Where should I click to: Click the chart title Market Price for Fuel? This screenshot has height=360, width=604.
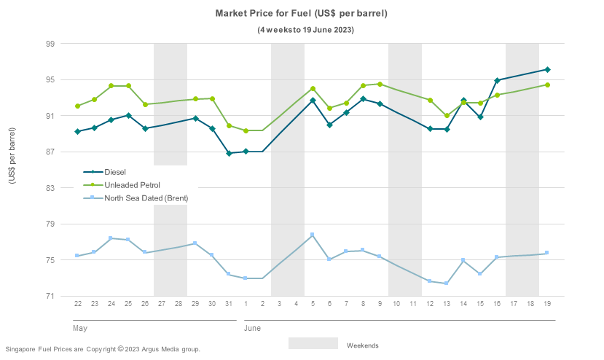[301, 14]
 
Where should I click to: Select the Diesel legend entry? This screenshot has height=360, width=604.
[115, 172]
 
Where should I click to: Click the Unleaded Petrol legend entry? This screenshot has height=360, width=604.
[132, 185]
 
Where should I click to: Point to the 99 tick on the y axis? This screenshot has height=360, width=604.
[50, 44]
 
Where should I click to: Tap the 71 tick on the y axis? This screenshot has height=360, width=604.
[50, 297]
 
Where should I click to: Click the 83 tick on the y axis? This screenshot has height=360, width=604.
[50, 188]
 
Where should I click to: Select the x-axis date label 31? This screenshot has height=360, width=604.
[229, 303]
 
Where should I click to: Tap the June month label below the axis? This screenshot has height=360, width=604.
[252, 329]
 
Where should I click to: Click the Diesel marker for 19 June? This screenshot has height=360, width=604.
[547, 70]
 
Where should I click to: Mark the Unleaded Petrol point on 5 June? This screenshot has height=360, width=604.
[313, 89]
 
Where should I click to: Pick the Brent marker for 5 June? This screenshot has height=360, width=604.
[313, 235]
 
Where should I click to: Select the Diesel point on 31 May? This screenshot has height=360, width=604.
[229, 153]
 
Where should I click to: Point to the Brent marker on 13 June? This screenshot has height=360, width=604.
[447, 283]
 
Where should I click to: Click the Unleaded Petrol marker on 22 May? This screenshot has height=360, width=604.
[77, 106]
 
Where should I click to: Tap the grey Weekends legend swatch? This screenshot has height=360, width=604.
[313, 343]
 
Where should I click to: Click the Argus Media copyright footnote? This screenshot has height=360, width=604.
[102, 350]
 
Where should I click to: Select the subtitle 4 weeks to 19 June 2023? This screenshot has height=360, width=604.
[306, 30]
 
